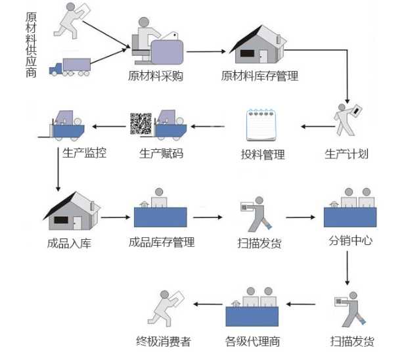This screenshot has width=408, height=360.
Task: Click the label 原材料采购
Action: pos(156,76)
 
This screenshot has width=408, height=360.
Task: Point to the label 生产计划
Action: pos(346,154)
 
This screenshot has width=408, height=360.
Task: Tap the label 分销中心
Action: pos(350,240)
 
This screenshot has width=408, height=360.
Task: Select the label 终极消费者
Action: pos(163,341)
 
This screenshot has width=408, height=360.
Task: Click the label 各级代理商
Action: pos(252,341)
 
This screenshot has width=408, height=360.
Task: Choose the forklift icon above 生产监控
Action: pos(66,125)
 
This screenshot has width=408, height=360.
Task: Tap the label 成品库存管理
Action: pos(162,242)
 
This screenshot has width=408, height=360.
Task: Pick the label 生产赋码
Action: pos(161,154)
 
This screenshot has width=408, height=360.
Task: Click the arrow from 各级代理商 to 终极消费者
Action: pos(200,304)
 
